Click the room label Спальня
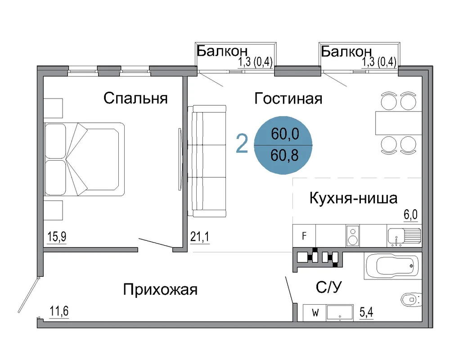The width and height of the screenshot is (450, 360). tap(135, 98)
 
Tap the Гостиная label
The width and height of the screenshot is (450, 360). tap(288, 99)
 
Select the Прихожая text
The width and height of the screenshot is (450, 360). tap(161, 289)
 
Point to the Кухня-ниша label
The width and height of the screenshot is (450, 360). tap(353, 198)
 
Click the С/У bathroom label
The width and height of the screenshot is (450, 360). tap(329, 287)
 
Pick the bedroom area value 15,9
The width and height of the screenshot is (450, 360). tap(57, 237)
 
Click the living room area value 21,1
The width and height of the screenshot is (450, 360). tap(200, 237)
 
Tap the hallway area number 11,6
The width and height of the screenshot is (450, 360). tap(59, 311)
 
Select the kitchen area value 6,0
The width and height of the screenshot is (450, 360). tap(411, 215)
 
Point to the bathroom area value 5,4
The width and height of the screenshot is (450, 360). tap(366, 312)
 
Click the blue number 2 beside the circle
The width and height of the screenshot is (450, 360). tap(242, 144)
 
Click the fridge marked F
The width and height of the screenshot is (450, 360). tap(304, 236)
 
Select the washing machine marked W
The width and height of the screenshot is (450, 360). tap(315, 313)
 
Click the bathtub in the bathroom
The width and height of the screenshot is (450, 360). tap(393, 266)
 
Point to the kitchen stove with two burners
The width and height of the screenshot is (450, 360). tap(353, 236)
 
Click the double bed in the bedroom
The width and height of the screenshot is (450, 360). tap(84, 159)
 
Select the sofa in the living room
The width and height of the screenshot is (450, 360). tap(207, 161)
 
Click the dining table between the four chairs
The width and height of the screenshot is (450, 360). tap(399, 123)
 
